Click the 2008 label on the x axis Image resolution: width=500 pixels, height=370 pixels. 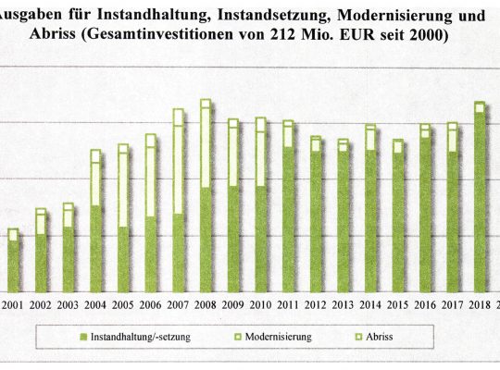pos(205,305)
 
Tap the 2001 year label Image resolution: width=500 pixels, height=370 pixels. pos(12,305)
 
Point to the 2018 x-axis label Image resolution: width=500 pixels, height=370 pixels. pos(480,305)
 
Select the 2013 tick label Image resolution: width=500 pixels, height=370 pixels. pos(343,305)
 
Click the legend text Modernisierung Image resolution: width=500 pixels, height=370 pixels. pos(278,337)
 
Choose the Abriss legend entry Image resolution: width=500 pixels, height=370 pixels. pos(379,337)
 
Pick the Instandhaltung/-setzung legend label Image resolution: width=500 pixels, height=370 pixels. pos(141,337)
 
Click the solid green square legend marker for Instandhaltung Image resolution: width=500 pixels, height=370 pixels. pos(83,337)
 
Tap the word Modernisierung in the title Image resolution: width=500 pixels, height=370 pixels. pos(394,16)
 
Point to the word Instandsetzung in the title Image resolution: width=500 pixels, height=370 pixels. pos(273,16)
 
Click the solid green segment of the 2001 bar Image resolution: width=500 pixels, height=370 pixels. pos(13,266)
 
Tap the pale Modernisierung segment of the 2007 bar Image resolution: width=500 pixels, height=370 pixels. pos(178,169)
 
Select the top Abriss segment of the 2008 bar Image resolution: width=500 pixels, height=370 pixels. pos(206,104)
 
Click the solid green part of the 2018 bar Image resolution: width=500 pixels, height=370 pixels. pos(480,202)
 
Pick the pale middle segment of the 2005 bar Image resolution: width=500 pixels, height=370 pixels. pos(123,190)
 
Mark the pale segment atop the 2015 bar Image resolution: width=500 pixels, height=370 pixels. pos(397,146)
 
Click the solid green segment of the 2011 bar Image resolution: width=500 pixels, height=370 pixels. pos(288,219)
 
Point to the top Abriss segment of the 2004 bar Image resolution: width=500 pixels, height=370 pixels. pos(95,156)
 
